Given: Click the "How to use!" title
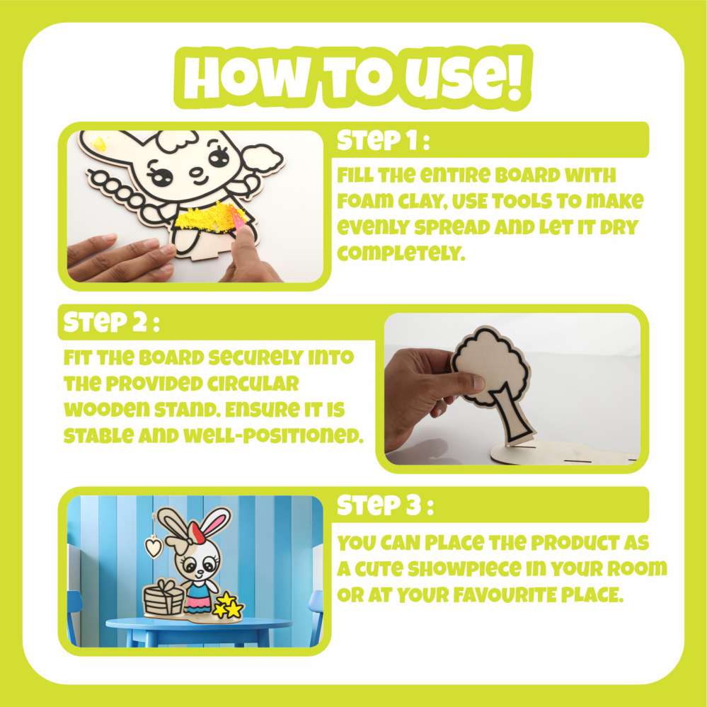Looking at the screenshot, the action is tap(353, 78).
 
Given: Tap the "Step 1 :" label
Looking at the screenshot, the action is tap(383, 141).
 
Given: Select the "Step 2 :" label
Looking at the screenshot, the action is tap(111, 323).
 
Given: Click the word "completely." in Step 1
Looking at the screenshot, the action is tap(401, 253).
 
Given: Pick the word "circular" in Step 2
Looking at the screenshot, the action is tap(253, 384).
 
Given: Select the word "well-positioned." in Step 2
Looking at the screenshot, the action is tap(272, 436).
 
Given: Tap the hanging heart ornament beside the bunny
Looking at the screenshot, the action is tap(154, 546).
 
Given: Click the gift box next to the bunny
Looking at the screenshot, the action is tap(163, 597).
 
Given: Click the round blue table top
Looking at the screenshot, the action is tap(198, 624).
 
